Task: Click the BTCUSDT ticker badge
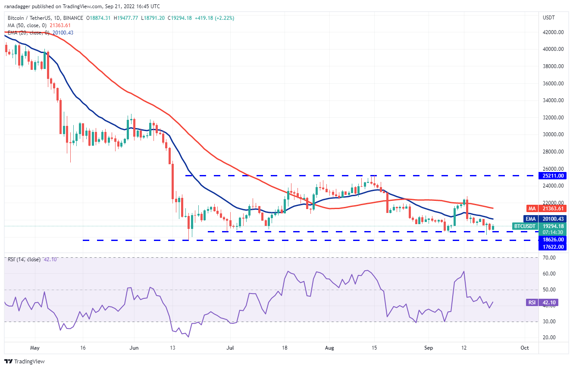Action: click(x=524, y=226)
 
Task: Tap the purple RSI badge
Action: click(x=532, y=303)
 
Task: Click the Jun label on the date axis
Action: click(x=134, y=347)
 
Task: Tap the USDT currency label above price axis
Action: click(x=549, y=18)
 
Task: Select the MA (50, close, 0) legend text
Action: click(x=25, y=25)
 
